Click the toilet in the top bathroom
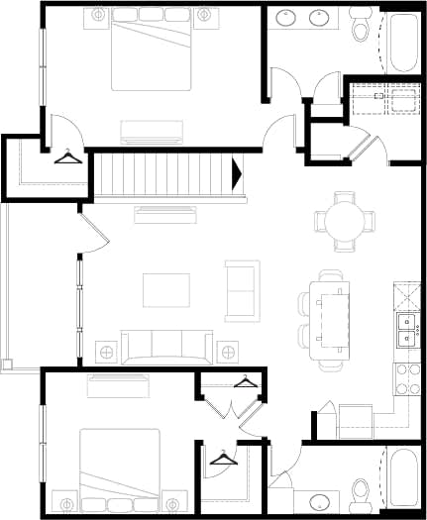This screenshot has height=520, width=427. point(361,24)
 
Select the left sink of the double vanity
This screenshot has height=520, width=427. point(285,17)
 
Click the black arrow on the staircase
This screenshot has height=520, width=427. point(237,175)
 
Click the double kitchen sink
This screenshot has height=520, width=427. point(406,330)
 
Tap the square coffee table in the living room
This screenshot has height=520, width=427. point(165,290)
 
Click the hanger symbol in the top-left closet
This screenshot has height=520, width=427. point(67,156)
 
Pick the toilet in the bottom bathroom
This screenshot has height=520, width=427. point(361,491)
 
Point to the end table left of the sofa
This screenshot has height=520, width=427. point(106,350)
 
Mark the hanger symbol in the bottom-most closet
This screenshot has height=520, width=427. point(224,457)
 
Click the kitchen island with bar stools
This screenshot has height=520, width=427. point(330,312)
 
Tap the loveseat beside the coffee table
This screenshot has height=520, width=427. point(243,290)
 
